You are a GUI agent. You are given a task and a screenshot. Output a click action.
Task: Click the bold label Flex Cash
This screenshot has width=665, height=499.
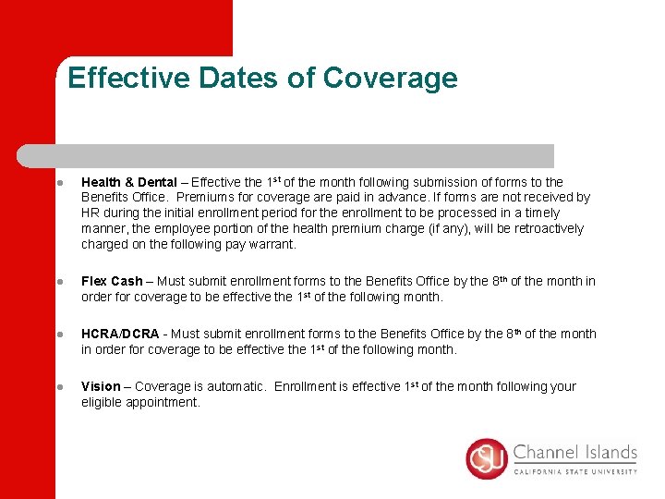[x=112, y=281]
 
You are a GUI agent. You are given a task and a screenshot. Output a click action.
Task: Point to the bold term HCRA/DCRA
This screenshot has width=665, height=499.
[x=118, y=334]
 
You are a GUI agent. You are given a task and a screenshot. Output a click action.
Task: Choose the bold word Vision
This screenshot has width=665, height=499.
[x=101, y=386]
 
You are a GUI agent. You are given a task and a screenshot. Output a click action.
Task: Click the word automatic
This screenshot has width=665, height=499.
[x=236, y=386]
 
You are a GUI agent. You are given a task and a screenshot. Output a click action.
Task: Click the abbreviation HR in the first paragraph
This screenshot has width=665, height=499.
[x=90, y=213]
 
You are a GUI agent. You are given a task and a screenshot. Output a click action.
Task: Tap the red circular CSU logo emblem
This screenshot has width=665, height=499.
[x=487, y=458]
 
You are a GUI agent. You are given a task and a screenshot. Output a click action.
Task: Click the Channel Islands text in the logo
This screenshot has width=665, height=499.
[x=574, y=453]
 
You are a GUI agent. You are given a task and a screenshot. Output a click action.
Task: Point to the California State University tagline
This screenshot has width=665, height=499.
[x=574, y=470]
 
